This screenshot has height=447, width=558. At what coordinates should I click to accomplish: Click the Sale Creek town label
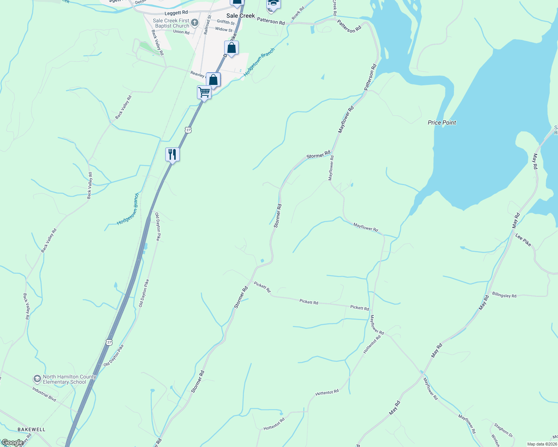[x=241, y=16]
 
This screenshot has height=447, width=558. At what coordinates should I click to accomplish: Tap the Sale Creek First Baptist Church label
[x=171, y=23]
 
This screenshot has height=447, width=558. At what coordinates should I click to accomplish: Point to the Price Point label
[x=442, y=123]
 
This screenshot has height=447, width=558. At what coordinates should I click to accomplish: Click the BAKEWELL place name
[x=31, y=429]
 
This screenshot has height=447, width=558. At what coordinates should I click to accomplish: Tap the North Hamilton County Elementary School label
[x=69, y=379]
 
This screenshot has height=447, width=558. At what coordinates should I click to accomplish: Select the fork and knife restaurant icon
[x=172, y=154]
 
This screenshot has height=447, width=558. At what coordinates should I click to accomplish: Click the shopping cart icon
[x=204, y=92]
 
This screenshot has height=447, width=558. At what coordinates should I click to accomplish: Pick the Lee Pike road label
[x=523, y=240]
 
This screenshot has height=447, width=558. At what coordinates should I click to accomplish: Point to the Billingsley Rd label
[x=504, y=295]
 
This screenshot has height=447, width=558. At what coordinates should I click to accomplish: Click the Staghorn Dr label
[x=503, y=430]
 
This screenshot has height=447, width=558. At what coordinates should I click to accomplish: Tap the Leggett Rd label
[x=176, y=13]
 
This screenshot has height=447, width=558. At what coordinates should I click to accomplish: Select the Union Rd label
[x=181, y=32]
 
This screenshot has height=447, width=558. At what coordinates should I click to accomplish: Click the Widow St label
[x=223, y=29]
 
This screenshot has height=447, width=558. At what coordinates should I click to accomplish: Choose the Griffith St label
[x=226, y=22]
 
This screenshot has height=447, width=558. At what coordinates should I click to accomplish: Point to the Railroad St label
[x=207, y=25]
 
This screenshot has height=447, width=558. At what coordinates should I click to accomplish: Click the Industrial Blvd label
[x=44, y=394]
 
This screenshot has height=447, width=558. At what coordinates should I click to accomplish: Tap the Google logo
[x=12, y=443]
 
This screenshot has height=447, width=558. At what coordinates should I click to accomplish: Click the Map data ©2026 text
[x=542, y=444]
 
